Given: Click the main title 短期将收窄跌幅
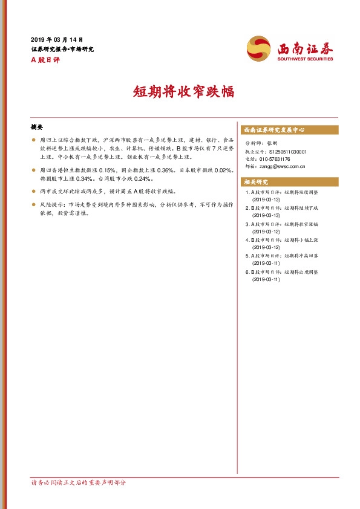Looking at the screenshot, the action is [x=180, y=91].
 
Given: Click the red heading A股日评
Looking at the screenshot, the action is [x=45, y=59].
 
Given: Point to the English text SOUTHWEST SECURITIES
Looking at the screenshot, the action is [x=305, y=59].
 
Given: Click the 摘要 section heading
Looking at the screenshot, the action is [x=37, y=127].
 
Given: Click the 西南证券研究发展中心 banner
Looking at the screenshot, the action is [x=273, y=129].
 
